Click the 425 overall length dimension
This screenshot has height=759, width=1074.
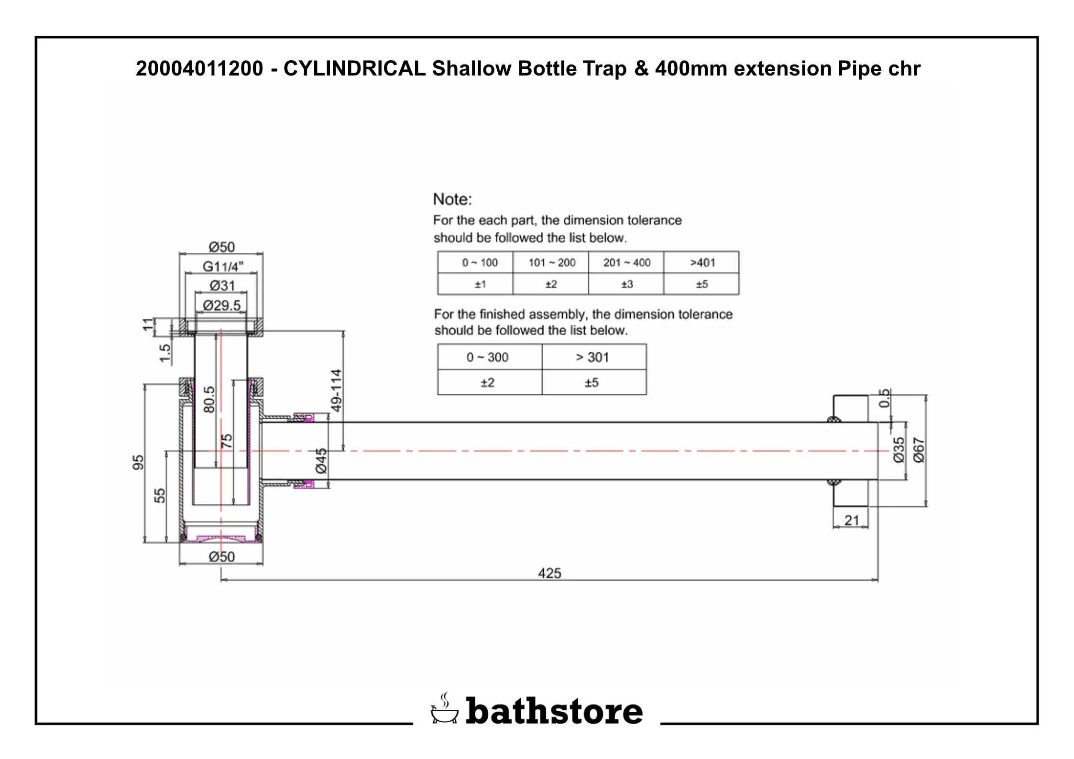(549, 573)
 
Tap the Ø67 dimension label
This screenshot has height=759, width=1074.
(919, 450)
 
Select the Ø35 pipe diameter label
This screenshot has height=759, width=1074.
(899, 450)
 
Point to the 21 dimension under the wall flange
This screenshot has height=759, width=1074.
(852, 520)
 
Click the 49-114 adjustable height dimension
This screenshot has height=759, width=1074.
(337, 390)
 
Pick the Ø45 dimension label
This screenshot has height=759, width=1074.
(321, 460)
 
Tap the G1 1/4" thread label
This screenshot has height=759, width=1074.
(223, 266)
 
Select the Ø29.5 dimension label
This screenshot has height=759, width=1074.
(221, 305)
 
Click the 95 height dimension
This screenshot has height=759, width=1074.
(138, 462)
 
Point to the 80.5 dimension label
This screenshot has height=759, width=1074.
(209, 400)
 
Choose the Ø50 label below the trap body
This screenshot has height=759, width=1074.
(221, 557)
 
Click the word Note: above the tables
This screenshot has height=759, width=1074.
(452, 199)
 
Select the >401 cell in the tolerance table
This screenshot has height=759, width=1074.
(702, 262)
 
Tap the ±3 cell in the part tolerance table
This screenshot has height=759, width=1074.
(626, 284)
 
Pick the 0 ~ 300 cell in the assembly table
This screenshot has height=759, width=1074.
(487, 357)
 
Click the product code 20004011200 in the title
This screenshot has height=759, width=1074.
(199, 68)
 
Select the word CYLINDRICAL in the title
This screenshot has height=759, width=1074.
(354, 68)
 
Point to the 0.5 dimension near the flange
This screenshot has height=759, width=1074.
(885, 398)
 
